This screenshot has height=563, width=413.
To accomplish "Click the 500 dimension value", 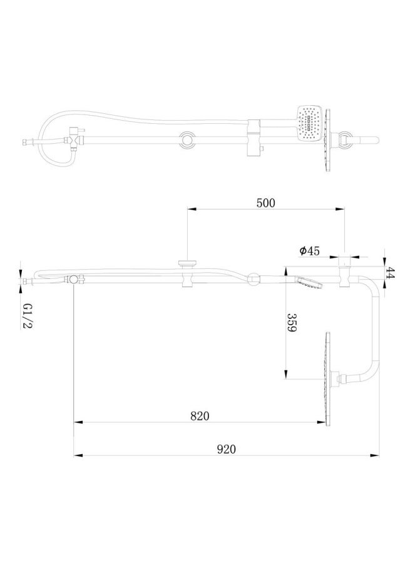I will pos(265,203).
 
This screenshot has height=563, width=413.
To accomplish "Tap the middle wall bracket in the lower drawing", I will pos(187,273).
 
